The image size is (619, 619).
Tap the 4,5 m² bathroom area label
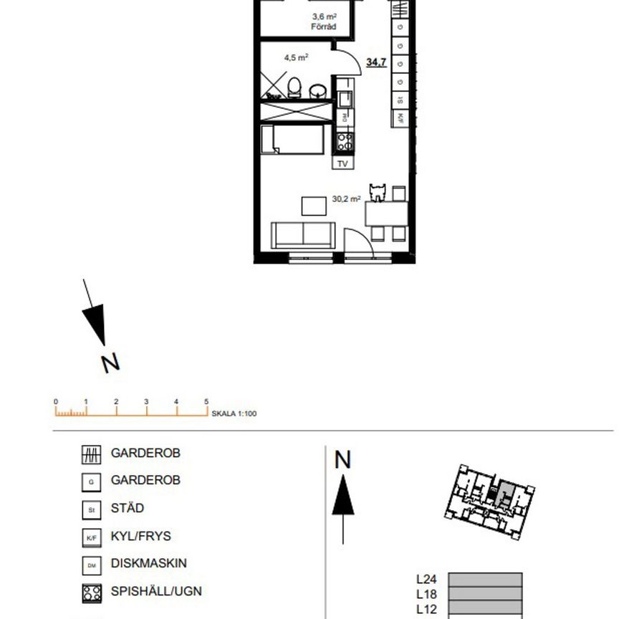click(x=295, y=56)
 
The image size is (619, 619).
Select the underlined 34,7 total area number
click(x=376, y=62)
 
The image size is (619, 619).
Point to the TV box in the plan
click(x=342, y=163)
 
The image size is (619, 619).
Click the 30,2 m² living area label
click(x=346, y=200)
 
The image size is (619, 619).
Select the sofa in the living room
click(x=303, y=235)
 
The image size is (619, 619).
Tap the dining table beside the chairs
click(x=387, y=213)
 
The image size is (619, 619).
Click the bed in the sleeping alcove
click(x=296, y=139)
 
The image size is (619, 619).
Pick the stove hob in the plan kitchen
click(x=345, y=141)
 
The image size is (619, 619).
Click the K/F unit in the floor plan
click(x=400, y=117)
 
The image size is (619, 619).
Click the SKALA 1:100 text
click(x=234, y=414)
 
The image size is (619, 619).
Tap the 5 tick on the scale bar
click(x=206, y=403)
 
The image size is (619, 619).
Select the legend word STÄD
click(x=128, y=509)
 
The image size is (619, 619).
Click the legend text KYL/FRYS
click(x=141, y=536)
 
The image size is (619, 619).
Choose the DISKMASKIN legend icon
click(x=91, y=565)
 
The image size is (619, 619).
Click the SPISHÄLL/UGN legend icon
click(x=91, y=592)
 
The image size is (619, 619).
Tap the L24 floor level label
click(x=427, y=579)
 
